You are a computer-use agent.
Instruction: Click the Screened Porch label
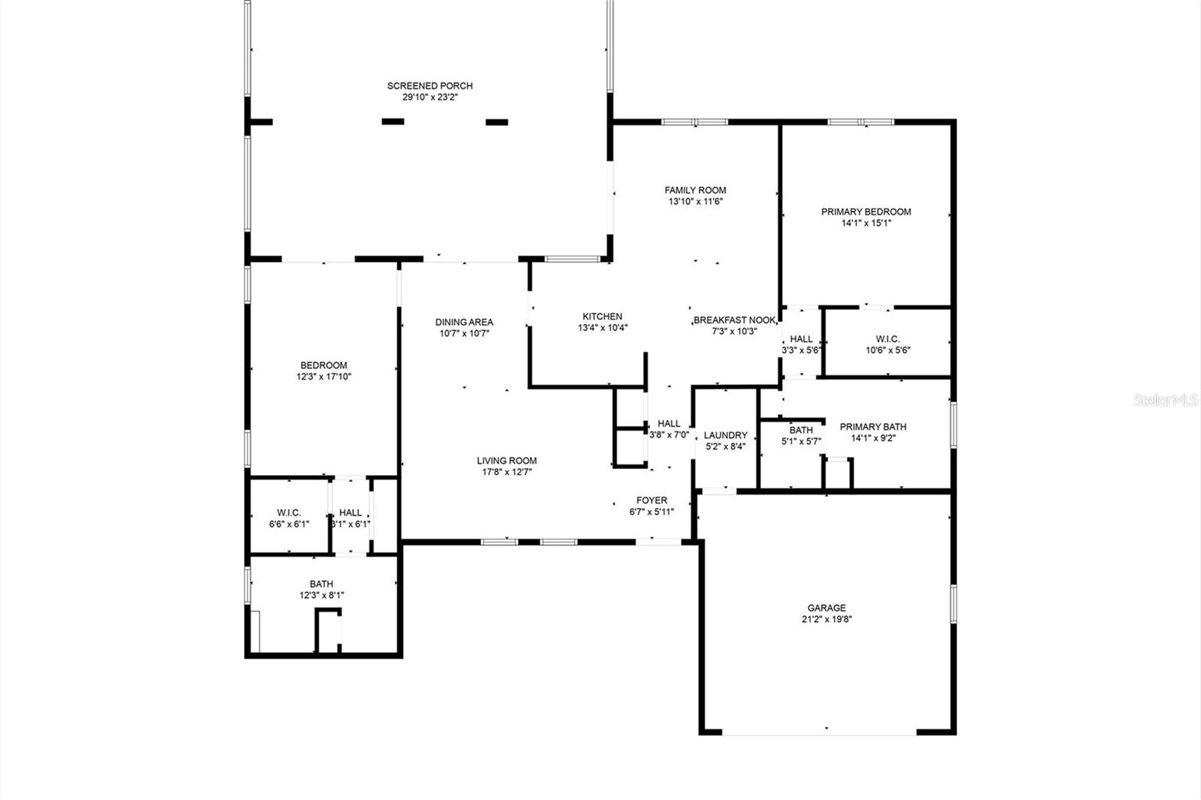tap(429, 86)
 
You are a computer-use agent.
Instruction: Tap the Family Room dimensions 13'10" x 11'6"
tap(695, 202)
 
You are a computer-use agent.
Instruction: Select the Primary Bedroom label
tap(865, 212)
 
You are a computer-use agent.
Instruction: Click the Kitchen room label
tap(602, 316)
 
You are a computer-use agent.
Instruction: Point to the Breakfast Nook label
tap(734, 320)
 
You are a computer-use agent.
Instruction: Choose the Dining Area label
tap(464, 322)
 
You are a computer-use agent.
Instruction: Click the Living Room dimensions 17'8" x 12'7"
tap(507, 472)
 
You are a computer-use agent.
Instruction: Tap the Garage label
tap(826, 608)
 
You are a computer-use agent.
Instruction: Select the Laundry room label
tap(725, 435)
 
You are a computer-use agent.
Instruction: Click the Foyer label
tap(651, 501)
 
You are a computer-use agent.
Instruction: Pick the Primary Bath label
tap(872, 427)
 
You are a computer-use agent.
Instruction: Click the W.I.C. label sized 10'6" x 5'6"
tap(887, 339)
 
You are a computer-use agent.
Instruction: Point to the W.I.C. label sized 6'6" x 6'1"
tap(289, 513)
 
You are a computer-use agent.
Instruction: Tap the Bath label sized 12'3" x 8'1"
tap(321, 584)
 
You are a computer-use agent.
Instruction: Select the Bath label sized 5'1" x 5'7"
tap(800, 430)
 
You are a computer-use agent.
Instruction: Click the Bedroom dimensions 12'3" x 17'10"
tap(324, 377)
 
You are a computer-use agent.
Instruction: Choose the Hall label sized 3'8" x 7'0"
tap(669, 423)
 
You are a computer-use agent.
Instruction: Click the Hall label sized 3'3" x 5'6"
tap(801, 339)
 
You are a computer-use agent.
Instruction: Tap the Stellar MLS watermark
tap(1166, 401)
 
